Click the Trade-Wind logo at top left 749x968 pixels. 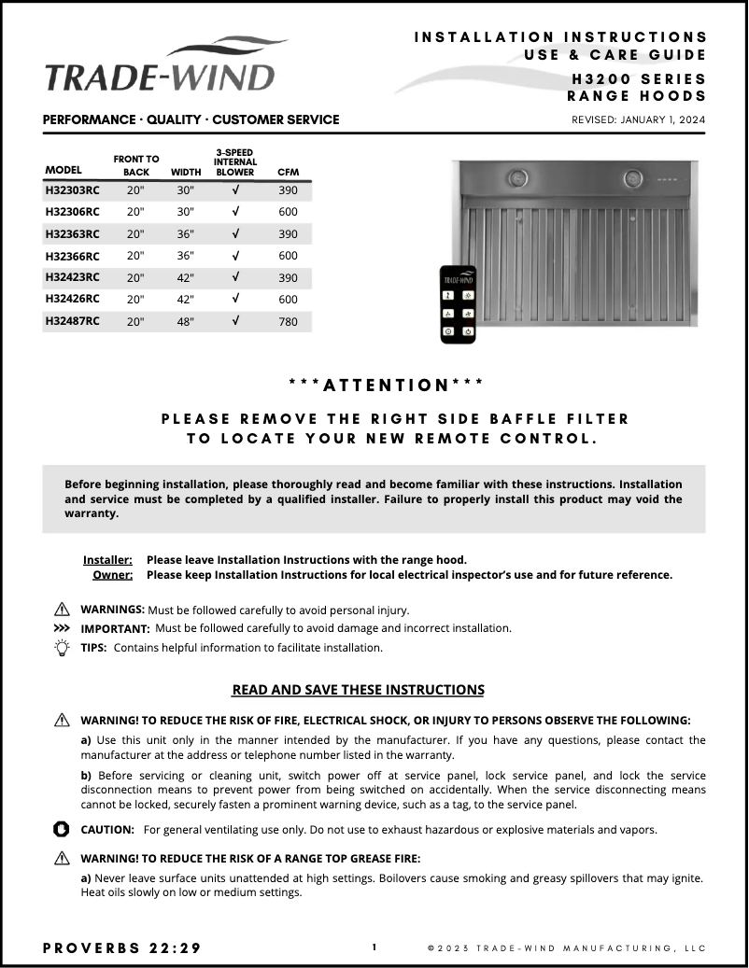coord(161,66)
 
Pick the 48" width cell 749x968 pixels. coord(185,321)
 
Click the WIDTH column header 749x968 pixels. coord(186,172)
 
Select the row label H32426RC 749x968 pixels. coord(72,299)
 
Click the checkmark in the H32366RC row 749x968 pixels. coord(235,256)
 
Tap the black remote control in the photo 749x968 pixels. coord(458,304)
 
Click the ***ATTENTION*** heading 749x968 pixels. coord(387,385)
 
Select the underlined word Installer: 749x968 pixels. coord(107,560)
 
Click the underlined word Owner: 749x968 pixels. coord(112,575)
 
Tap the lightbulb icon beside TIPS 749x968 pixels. coord(63,648)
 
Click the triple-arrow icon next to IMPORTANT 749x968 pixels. coord(63,628)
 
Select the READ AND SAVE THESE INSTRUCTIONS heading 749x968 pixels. coord(358,690)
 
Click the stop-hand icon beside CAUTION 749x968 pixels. coord(63,829)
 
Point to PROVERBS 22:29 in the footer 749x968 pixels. coord(122,947)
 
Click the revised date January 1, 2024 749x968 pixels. coord(638,119)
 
